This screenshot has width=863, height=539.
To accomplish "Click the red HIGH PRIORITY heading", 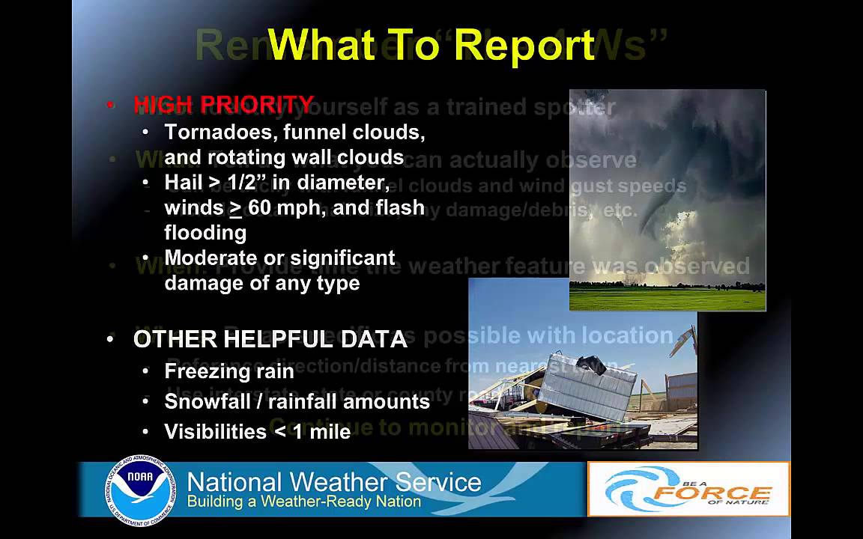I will point(223,104).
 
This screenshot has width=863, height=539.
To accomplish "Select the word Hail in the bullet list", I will point(183,183).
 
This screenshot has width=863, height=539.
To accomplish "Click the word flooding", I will point(205,233).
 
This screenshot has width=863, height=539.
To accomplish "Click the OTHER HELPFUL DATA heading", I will point(270,339).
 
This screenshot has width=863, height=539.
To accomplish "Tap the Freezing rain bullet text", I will point(229,371).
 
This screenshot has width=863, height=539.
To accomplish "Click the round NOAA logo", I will point(141,490).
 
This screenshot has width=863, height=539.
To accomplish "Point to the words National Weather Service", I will point(334,481).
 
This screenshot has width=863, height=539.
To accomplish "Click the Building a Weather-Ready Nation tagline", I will point(303,502).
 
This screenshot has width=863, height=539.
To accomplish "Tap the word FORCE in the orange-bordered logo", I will point(712,494).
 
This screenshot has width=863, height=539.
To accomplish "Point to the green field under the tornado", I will point(667,299).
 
